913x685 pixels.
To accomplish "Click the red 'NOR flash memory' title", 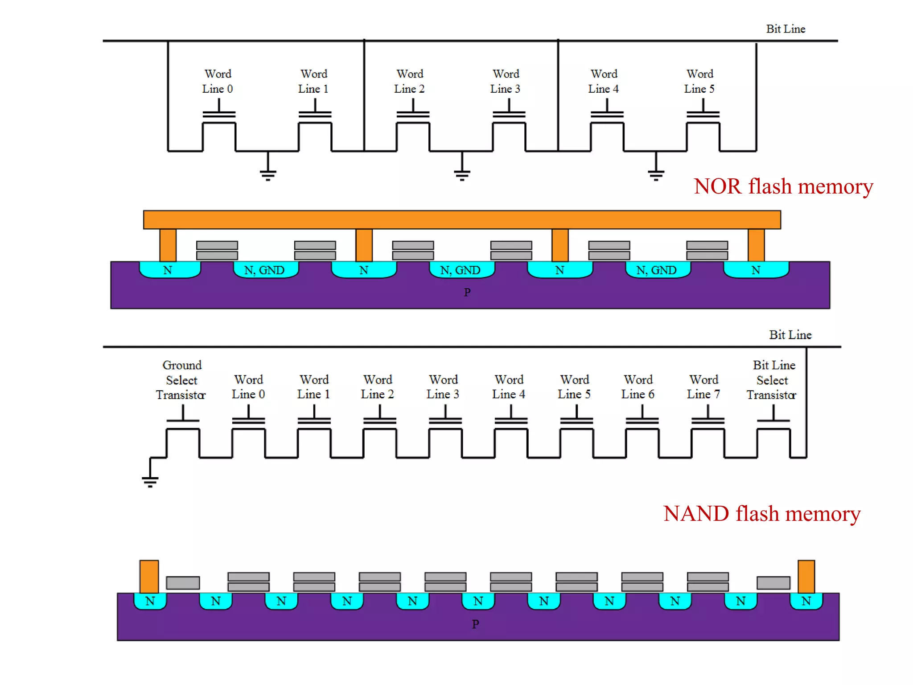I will click(x=783, y=186).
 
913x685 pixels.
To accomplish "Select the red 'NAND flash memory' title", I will click(x=761, y=514).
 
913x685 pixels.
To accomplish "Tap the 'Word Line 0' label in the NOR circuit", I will click(x=218, y=81).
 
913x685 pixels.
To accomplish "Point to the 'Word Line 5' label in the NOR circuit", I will click(x=699, y=81).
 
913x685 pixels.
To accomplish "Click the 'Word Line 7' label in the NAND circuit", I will click(x=703, y=387).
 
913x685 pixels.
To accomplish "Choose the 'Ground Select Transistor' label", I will click(x=181, y=380).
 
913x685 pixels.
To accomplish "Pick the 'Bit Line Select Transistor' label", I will click(x=773, y=380).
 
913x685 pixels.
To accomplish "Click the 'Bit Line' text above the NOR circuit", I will click(x=786, y=29).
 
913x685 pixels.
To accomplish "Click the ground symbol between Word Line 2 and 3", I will click(x=462, y=172).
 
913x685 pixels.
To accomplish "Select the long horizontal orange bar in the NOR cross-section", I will click(x=462, y=220).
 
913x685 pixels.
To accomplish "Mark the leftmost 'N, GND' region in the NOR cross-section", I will click(x=265, y=270).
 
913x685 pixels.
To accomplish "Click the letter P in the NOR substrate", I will click(x=467, y=293).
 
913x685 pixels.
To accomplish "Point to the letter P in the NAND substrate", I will click(x=475, y=624).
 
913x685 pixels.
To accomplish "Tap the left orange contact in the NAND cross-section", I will click(x=149, y=577).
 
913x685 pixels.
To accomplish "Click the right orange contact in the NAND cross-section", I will click(x=806, y=577).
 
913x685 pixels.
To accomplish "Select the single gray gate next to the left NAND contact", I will click(x=183, y=582).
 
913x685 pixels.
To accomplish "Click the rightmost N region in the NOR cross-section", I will click(x=756, y=270).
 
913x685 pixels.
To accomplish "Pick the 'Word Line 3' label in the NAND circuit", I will click(x=443, y=387).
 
